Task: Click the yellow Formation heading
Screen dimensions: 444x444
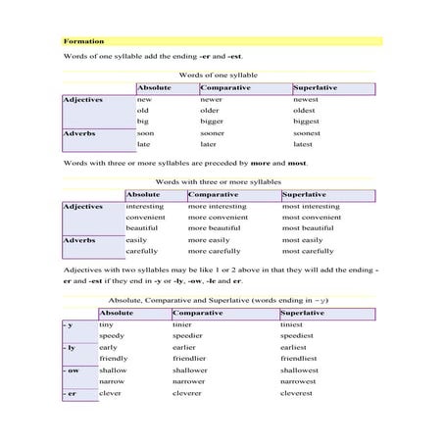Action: (84, 41)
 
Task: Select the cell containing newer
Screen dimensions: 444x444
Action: (211, 100)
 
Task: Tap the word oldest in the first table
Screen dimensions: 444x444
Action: (306, 111)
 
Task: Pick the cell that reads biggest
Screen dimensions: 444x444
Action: (307, 122)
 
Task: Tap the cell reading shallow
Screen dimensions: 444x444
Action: (113, 370)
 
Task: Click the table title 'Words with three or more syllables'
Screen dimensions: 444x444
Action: (217, 182)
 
